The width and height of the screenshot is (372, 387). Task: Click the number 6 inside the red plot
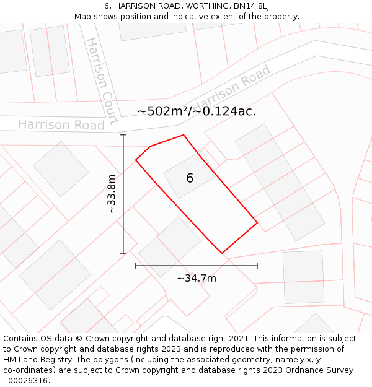190,178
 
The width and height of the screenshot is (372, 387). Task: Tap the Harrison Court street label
101,80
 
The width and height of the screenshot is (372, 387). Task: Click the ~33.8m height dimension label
112,194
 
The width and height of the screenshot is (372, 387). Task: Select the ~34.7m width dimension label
197,279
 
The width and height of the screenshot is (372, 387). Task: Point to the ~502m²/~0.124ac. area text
197,111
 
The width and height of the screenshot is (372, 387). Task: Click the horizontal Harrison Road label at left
61,124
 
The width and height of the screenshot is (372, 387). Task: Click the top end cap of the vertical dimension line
123,135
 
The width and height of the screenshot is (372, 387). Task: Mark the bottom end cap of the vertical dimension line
123,253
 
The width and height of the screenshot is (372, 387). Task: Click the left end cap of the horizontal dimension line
136,266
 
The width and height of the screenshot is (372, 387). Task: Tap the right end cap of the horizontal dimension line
257,266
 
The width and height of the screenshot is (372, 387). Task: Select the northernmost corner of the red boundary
184,135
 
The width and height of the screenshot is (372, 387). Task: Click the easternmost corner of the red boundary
257,223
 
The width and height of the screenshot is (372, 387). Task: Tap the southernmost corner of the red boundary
222,253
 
